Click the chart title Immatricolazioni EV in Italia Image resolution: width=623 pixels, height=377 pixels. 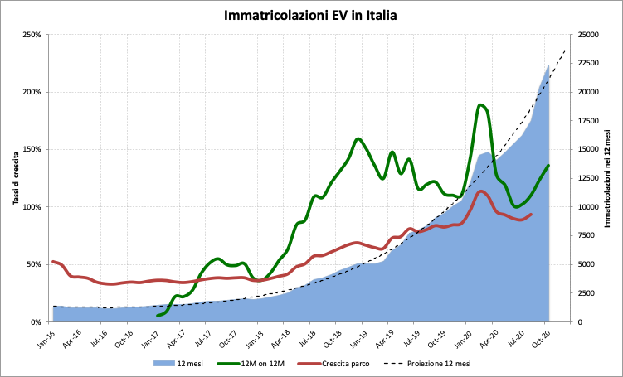pyautogui.click(x=311, y=15)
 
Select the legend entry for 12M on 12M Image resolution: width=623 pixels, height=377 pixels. pyautogui.click(x=249, y=363)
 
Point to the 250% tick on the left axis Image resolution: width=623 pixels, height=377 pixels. pyautogui.click(x=32, y=35)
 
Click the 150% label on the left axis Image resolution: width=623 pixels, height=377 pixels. pyautogui.click(x=32, y=150)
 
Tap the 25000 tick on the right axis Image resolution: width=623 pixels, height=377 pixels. pyautogui.click(x=588, y=35)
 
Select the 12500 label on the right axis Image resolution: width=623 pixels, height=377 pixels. pyautogui.click(x=588, y=178)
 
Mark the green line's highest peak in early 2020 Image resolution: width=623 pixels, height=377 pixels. pyautogui.click(x=482, y=105)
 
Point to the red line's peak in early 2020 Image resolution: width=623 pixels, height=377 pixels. pyautogui.click(x=482, y=191)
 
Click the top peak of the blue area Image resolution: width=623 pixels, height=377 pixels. pyautogui.click(x=548, y=64)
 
